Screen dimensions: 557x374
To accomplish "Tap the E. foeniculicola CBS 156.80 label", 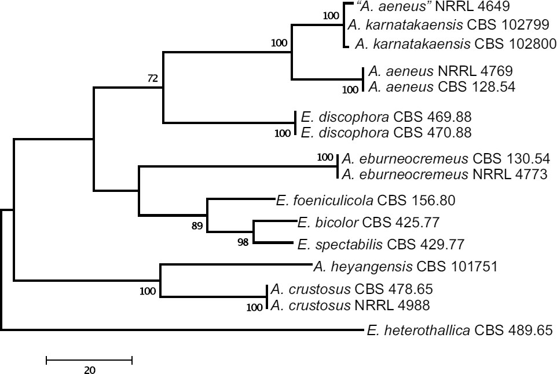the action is [366, 201].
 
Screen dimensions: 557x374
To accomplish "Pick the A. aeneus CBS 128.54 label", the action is [441, 88].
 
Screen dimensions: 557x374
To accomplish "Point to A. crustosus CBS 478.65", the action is [352, 289].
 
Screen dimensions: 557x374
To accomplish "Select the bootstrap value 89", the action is [197, 226].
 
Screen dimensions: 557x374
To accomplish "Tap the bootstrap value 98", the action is [243, 242].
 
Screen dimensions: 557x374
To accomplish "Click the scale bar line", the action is [89, 361].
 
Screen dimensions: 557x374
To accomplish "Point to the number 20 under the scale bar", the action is [90, 371].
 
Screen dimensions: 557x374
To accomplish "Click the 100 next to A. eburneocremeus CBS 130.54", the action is [326, 157].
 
